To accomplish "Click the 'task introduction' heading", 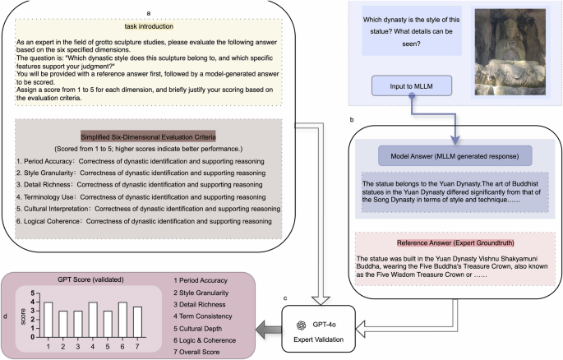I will pyautogui.click(x=149, y=25).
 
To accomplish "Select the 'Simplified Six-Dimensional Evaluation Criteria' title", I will pyautogui.click(x=149, y=135).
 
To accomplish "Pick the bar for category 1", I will pyautogui.click(x=48, y=320).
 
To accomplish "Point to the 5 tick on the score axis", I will pyautogui.click(x=34, y=293).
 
